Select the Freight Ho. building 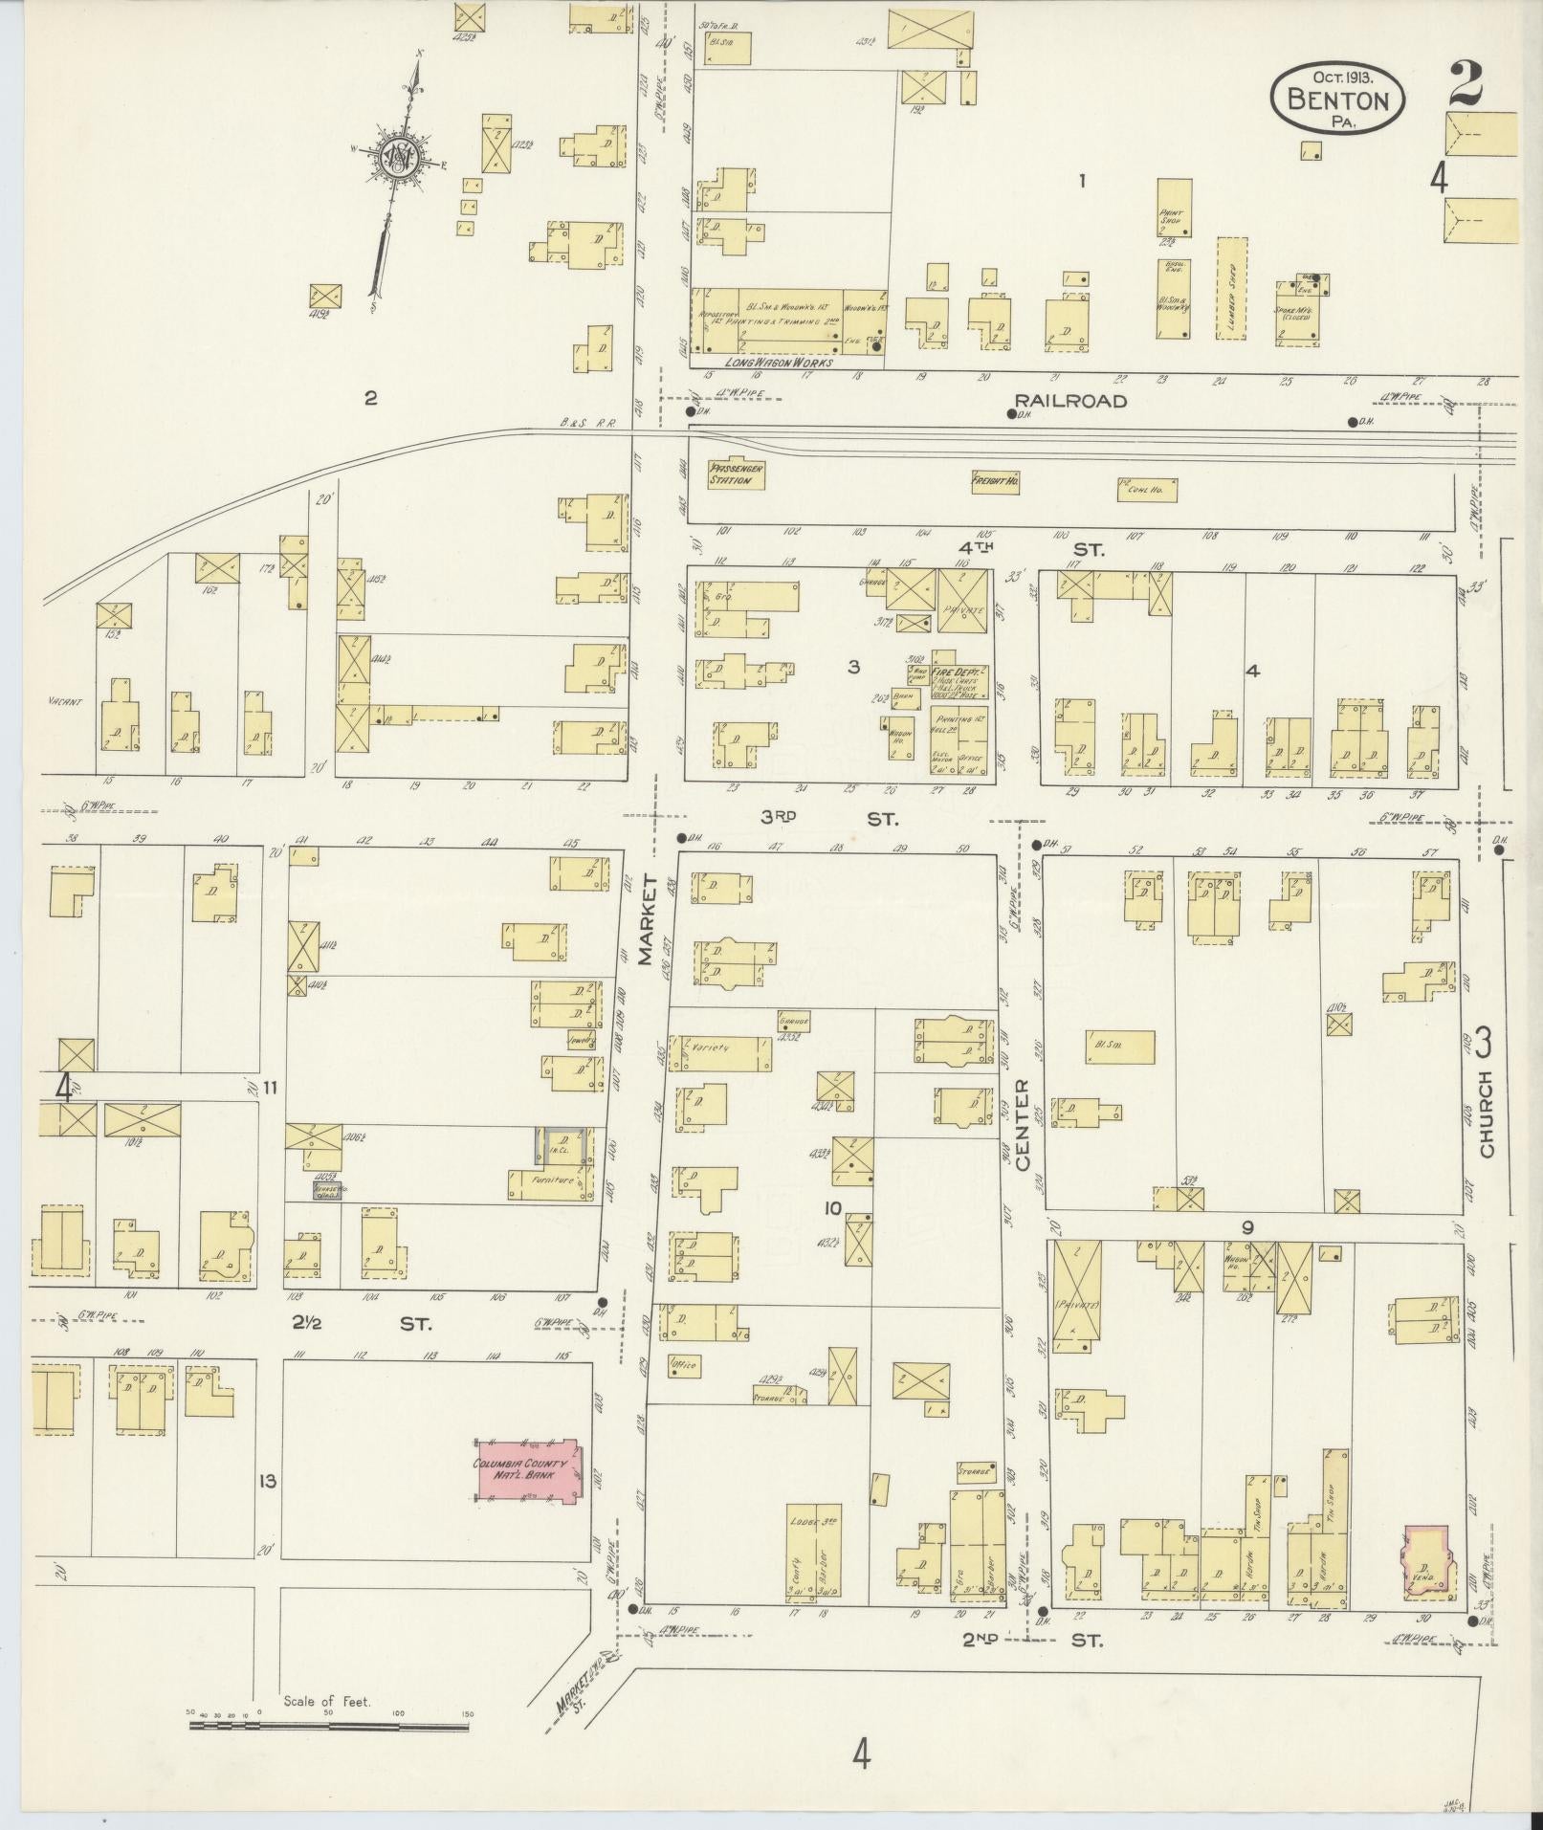click(995, 481)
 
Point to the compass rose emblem click(395, 158)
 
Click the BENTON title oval click(1337, 98)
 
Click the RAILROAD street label click(1070, 401)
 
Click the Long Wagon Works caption click(779, 363)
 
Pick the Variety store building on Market click(719, 1053)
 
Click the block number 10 click(832, 1208)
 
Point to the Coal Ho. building click(1146, 490)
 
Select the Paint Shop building click(1174, 207)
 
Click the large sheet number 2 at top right click(1465, 83)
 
